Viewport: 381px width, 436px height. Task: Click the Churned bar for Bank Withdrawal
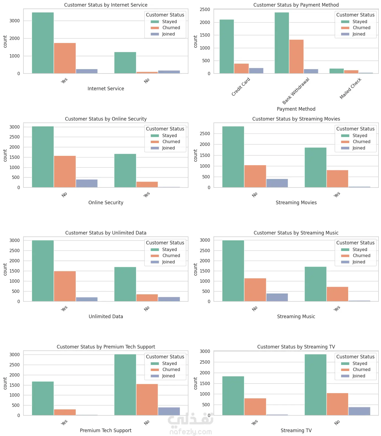point(296,56)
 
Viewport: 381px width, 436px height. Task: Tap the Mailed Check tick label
point(350,88)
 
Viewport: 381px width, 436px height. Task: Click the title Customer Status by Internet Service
point(106,5)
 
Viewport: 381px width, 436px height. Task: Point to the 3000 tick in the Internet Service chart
point(15,21)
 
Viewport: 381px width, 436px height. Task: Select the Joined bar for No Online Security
point(87,183)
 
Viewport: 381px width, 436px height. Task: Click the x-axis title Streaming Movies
point(296,203)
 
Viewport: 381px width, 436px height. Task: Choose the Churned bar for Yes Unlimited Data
point(65,286)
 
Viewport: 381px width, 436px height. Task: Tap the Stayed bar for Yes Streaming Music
point(315,284)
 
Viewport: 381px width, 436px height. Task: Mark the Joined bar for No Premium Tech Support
point(169,411)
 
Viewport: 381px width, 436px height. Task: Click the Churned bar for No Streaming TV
point(337,404)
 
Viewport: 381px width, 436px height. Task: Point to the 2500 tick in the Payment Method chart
point(205,10)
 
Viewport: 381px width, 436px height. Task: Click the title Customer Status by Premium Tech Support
point(106,347)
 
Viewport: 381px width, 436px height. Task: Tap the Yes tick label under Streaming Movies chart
point(337,195)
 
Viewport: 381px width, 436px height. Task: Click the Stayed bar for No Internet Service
point(125,62)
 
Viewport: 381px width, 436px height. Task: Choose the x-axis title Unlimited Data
point(106,317)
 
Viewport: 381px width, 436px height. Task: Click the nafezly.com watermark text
point(191,432)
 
